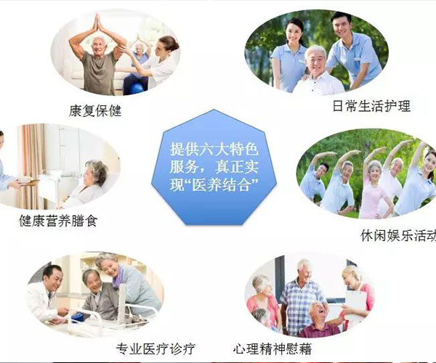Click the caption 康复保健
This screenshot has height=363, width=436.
pyautogui.click(x=95, y=110)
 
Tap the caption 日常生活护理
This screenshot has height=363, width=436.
pyautogui.click(x=371, y=106)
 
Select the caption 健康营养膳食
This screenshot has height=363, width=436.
pyautogui.click(x=58, y=221)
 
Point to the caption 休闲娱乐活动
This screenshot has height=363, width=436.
pyautogui.click(x=398, y=235)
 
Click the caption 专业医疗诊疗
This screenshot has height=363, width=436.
pyautogui.click(x=156, y=348)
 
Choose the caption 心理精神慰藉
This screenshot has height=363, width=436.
pyautogui.click(x=272, y=348)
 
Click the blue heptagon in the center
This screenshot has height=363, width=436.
pyautogui.click(x=214, y=168)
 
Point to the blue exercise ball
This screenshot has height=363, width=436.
pyautogui.click(x=137, y=89)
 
